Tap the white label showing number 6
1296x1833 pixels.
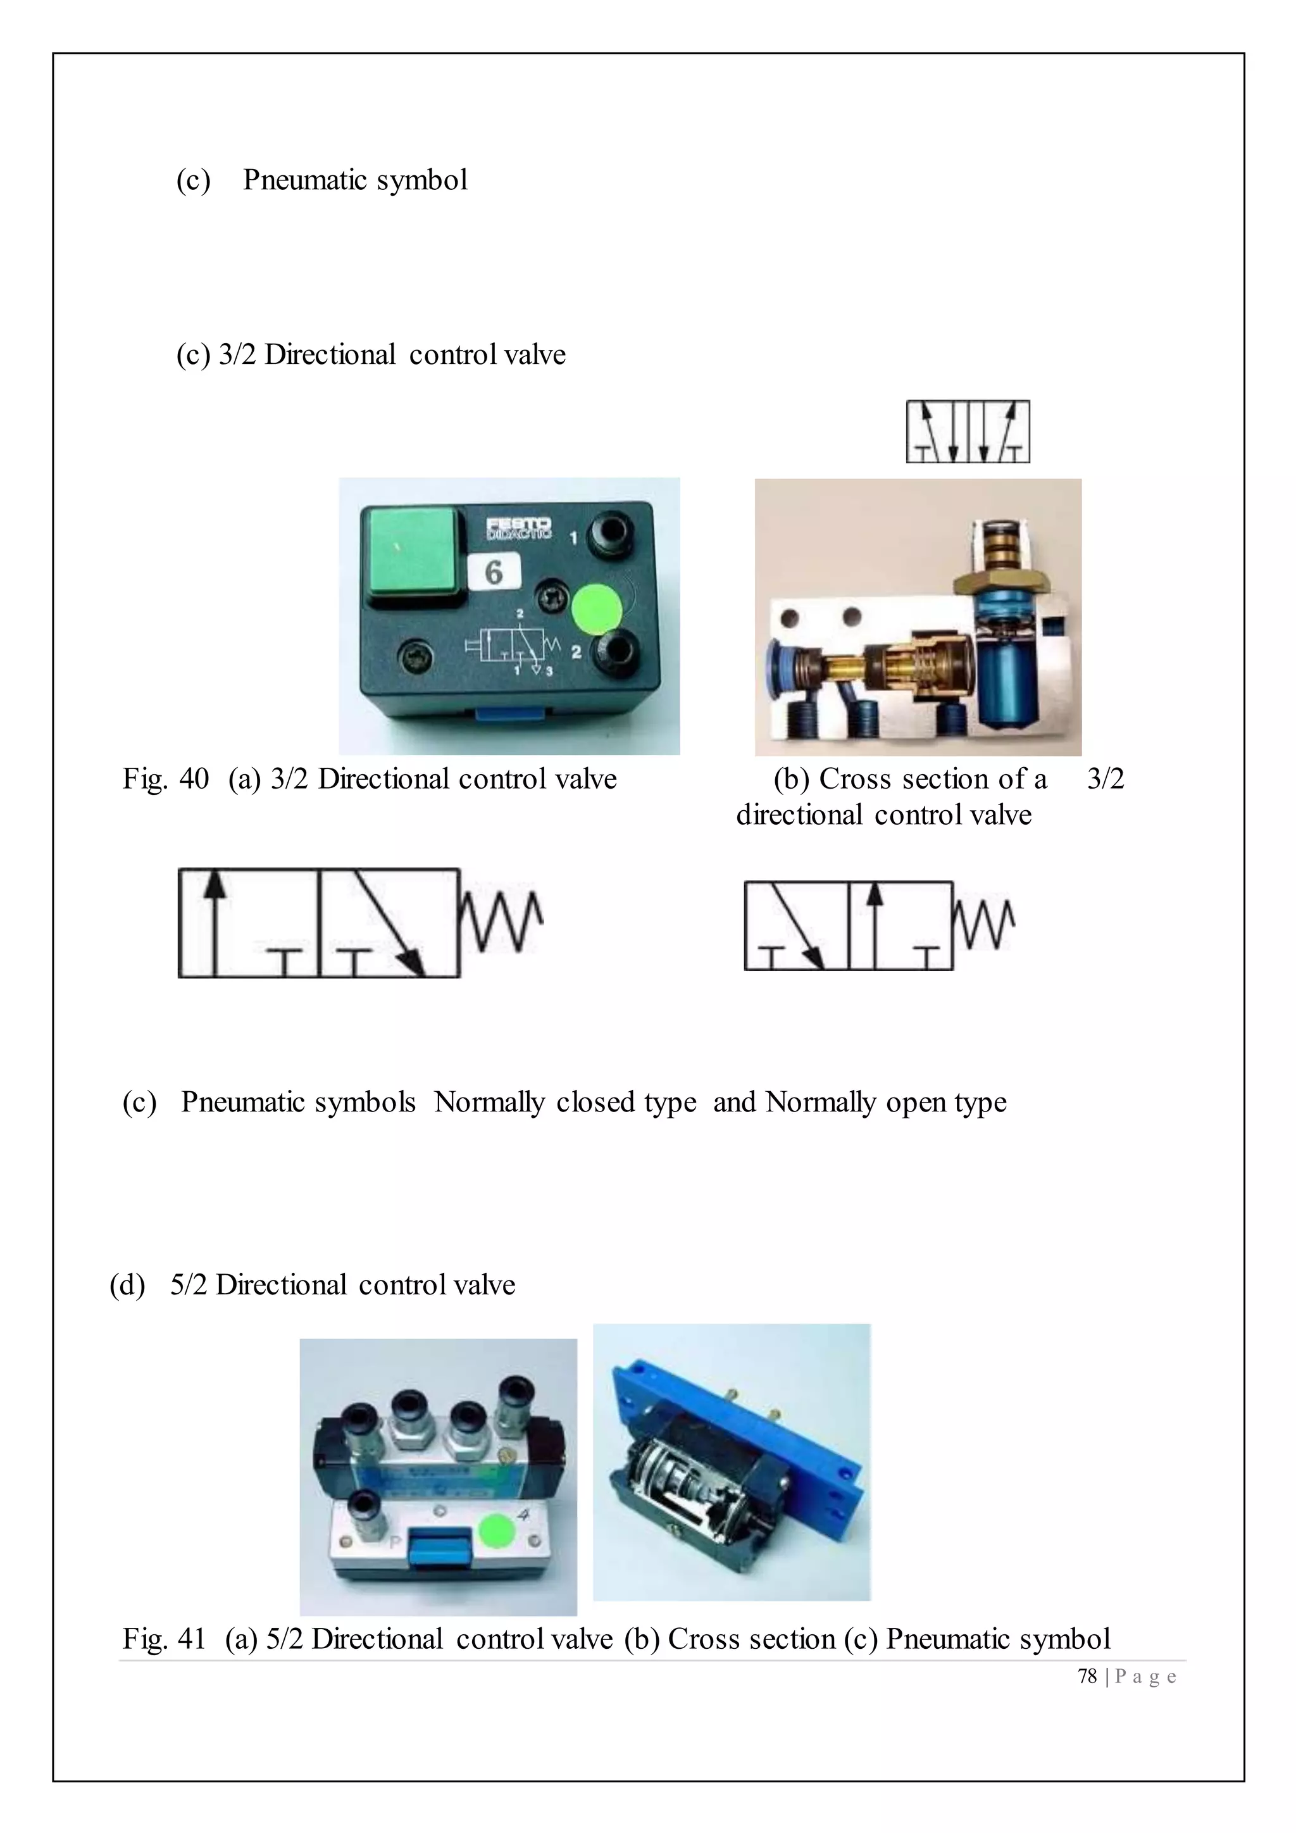494,572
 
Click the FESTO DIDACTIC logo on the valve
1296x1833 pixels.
519,528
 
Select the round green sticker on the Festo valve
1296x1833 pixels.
597,608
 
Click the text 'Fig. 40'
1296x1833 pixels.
165,779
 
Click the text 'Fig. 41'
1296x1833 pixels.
164,1639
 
